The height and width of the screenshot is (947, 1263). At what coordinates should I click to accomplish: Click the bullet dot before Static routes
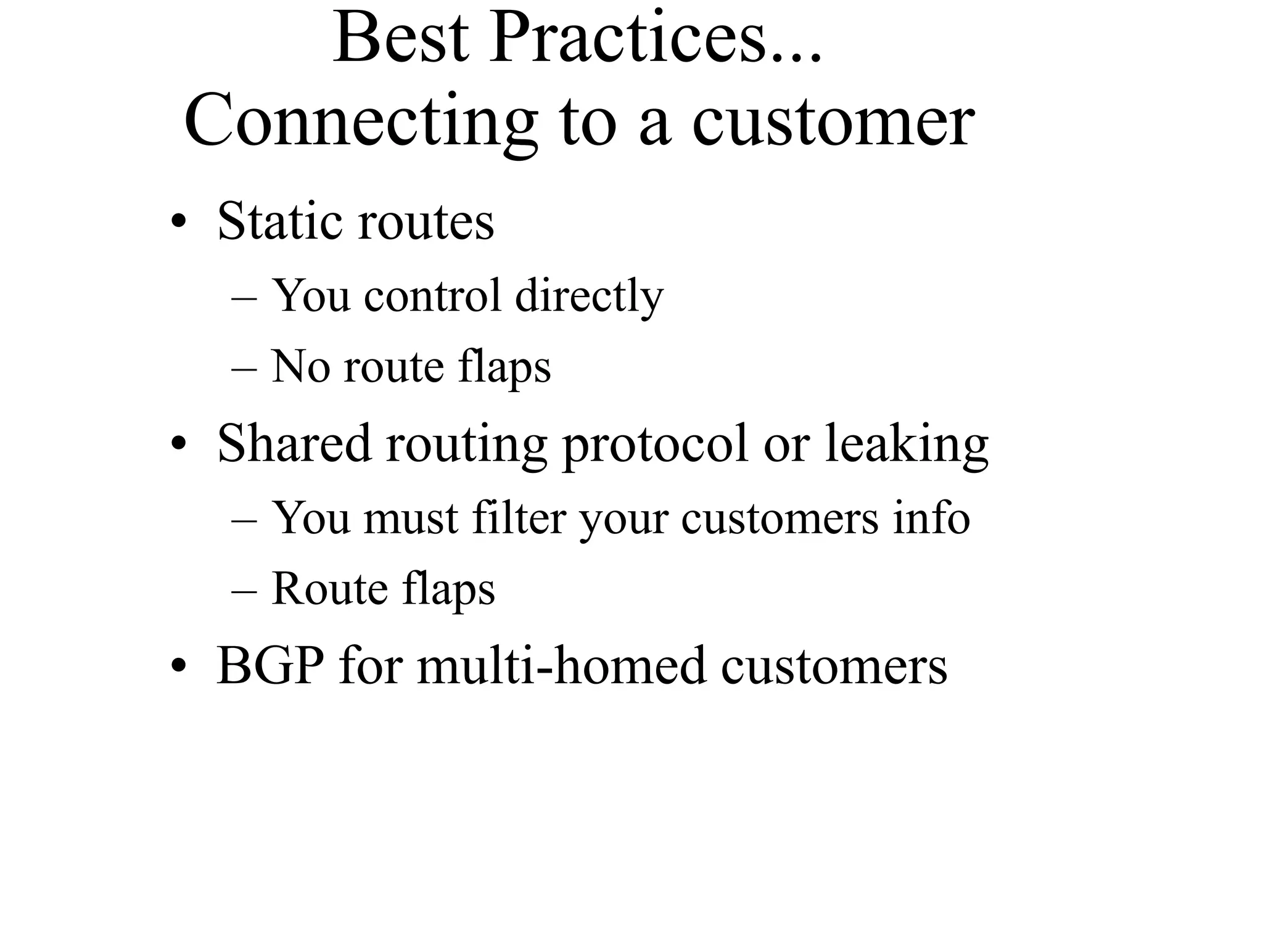click(179, 223)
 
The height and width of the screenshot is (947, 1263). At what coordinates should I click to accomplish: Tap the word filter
click(519, 518)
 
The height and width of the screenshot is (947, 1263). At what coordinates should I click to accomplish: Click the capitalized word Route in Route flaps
click(329, 588)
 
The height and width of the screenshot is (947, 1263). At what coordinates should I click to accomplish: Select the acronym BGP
click(270, 666)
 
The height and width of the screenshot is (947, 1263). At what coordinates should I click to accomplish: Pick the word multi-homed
click(561, 666)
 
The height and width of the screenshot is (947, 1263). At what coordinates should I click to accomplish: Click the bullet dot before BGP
click(179, 668)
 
